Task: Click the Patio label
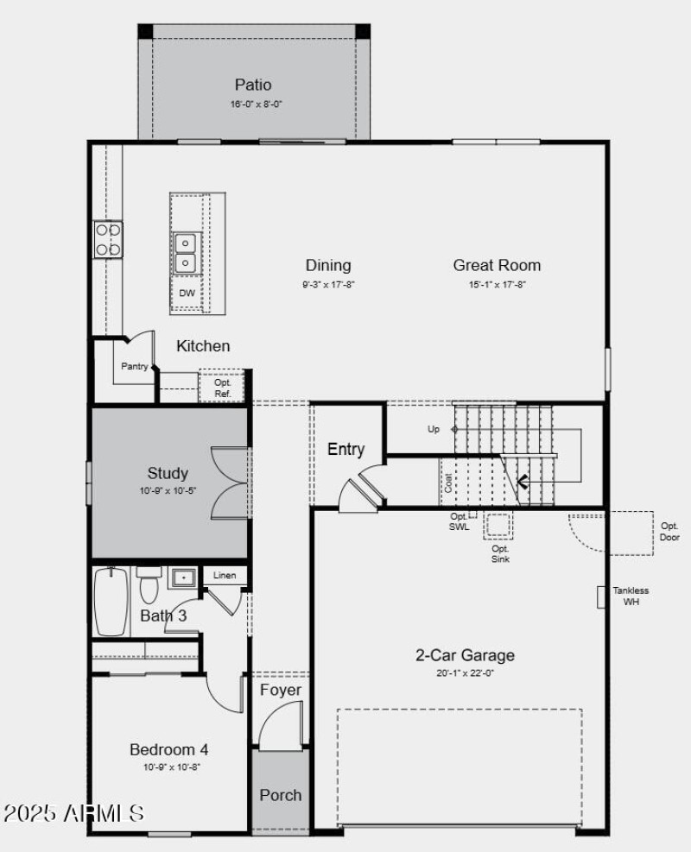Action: pyautogui.click(x=252, y=85)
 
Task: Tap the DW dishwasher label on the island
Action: pyautogui.click(x=187, y=293)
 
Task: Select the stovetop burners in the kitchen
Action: pyautogui.click(x=108, y=239)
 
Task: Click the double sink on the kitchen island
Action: pyautogui.click(x=186, y=252)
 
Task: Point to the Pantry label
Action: pyautogui.click(x=134, y=366)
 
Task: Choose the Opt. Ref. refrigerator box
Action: pyautogui.click(x=222, y=388)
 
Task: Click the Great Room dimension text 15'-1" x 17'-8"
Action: pyautogui.click(x=497, y=284)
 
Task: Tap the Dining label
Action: pyautogui.click(x=327, y=265)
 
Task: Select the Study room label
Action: pyautogui.click(x=168, y=473)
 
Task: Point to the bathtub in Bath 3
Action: pyautogui.click(x=111, y=601)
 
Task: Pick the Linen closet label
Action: pyautogui.click(x=225, y=575)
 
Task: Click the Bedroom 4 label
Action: pyautogui.click(x=168, y=749)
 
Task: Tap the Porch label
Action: pyautogui.click(x=281, y=795)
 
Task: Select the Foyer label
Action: pyautogui.click(x=281, y=690)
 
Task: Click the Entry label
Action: pyautogui.click(x=345, y=450)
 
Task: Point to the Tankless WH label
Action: pyautogui.click(x=631, y=596)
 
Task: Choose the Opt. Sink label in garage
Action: pyautogui.click(x=500, y=553)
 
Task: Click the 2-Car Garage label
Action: pyautogui.click(x=465, y=655)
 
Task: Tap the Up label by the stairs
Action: pyautogui.click(x=434, y=429)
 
